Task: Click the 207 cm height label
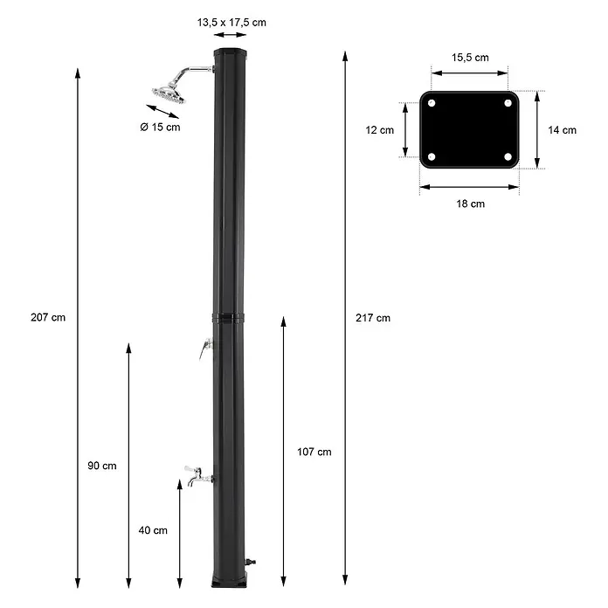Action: pyautogui.click(x=48, y=318)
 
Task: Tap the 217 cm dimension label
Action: pyautogui.click(x=373, y=318)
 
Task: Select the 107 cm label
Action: pyautogui.click(x=314, y=452)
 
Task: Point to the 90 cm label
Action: pyautogui.click(x=102, y=466)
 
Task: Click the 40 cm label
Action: pyautogui.click(x=153, y=530)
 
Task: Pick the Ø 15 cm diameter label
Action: pyautogui.click(x=160, y=128)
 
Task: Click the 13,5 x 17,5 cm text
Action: pyautogui.click(x=231, y=23)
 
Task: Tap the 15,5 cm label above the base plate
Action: pyautogui.click(x=470, y=58)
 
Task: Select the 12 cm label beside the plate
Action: pyautogui.click(x=380, y=130)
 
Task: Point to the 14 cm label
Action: pyautogui.click(x=563, y=130)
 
